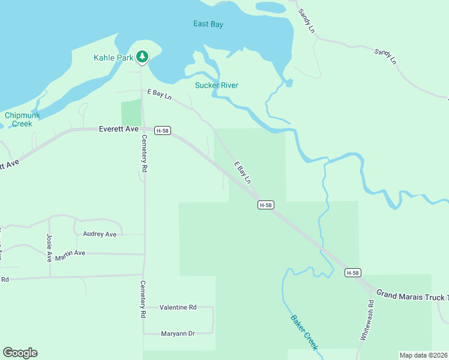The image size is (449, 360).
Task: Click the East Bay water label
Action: point(208,24)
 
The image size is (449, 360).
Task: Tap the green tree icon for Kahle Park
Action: point(142,57)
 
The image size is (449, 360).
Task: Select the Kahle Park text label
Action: point(113,58)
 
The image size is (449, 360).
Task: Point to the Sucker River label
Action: point(217,85)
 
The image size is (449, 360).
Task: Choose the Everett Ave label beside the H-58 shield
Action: point(119,129)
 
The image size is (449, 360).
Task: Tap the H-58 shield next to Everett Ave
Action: point(162,130)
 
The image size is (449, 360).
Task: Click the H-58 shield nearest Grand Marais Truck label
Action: point(353,272)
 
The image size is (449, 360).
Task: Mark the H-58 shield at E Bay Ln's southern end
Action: point(266,205)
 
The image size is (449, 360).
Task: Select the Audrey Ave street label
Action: point(100,234)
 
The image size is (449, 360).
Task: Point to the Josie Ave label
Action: point(49,248)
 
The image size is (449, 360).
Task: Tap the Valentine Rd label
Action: point(178,307)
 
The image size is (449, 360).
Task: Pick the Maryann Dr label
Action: point(178,333)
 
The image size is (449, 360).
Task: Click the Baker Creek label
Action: point(304,332)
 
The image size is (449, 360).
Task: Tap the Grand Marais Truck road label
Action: point(412,296)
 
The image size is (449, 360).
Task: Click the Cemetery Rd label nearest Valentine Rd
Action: point(143,299)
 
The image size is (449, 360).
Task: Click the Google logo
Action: point(20,353)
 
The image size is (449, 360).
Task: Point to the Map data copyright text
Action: point(423,355)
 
